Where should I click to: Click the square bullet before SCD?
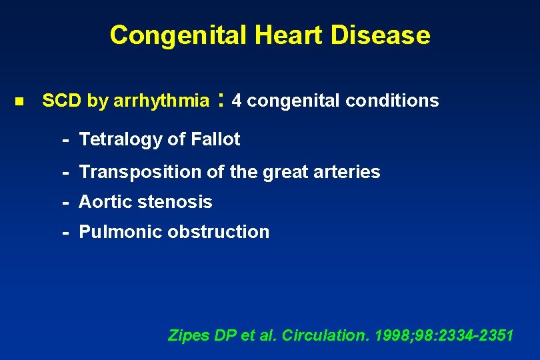tap(19, 102)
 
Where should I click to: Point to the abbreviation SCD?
tap(62, 101)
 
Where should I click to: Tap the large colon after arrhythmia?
tap(220, 101)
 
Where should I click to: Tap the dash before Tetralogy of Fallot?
tap(66, 140)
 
